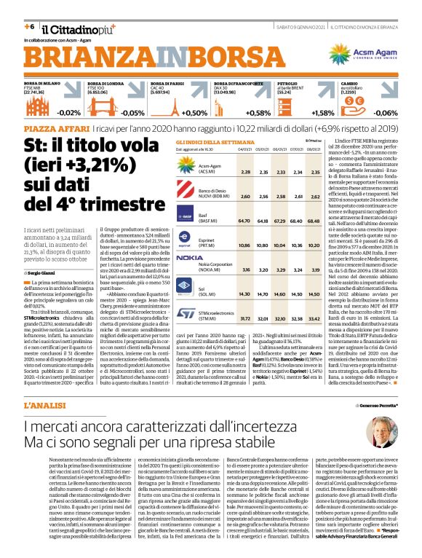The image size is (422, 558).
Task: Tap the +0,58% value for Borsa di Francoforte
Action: point(258,114)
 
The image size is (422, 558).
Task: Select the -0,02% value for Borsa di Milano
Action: point(69,114)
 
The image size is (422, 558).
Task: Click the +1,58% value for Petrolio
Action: point(322,114)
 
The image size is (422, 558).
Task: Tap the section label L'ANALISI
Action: point(45,404)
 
